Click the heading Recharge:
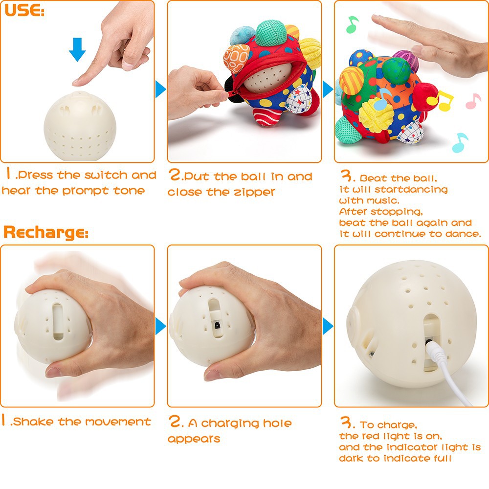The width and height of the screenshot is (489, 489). [46, 232]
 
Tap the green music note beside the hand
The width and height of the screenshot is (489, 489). [352, 24]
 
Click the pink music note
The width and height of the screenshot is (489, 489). [473, 101]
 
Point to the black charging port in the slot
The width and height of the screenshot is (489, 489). [216, 324]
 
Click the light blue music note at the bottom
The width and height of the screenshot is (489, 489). [460, 142]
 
